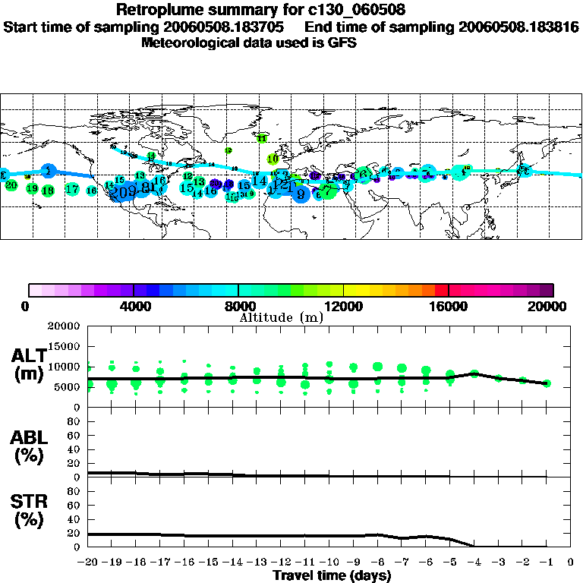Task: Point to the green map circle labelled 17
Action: (72, 189)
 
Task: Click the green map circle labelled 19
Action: (32, 188)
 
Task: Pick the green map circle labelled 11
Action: (262, 139)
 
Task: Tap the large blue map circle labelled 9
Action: (301, 194)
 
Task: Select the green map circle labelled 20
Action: (11, 185)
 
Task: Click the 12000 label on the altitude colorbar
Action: (343, 307)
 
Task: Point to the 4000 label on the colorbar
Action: (133, 307)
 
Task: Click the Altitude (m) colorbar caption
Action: (282, 317)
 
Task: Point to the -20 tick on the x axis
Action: (89, 563)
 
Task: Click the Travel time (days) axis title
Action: (332, 576)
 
